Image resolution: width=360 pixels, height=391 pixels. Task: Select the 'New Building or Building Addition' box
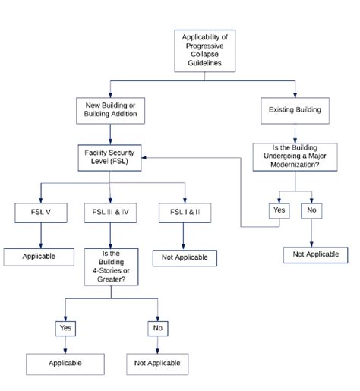tap(111, 110)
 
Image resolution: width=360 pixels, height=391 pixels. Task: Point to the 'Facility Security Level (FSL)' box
tap(111, 157)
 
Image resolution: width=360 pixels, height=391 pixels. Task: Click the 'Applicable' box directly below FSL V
tap(39, 256)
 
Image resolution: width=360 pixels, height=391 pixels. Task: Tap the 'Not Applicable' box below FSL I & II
tap(184, 258)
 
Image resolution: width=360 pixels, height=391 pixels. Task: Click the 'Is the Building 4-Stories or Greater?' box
tap(112, 267)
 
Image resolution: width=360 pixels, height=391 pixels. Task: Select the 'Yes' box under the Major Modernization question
tap(279, 209)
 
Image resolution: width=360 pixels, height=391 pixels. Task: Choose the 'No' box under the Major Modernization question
tap(311, 209)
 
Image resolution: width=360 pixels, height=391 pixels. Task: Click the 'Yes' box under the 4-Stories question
tap(65, 328)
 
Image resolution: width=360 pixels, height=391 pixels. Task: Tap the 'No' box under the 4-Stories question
tap(158, 328)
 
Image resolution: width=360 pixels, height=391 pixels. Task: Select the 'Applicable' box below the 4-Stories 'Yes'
tap(65, 364)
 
